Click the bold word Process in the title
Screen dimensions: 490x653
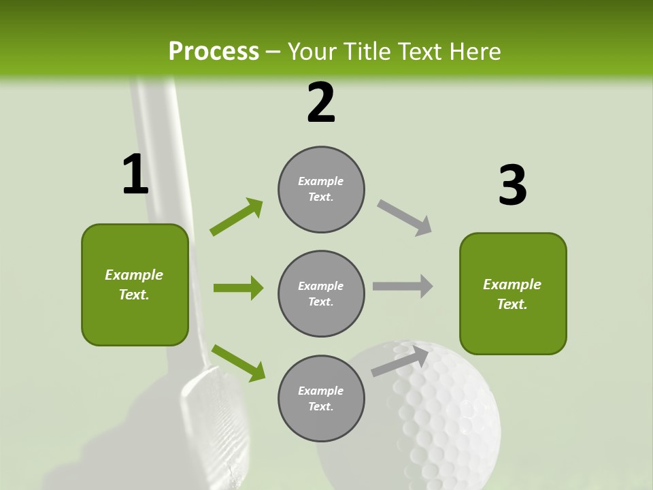(x=214, y=52)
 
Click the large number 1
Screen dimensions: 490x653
(x=135, y=175)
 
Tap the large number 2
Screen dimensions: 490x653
(x=321, y=103)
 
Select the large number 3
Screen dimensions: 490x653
(x=512, y=185)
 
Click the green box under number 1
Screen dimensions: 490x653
(x=135, y=284)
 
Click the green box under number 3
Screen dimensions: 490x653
(x=513, y=293)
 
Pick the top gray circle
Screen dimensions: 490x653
(x=321, y=189)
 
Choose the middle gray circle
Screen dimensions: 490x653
(x=321, y=293)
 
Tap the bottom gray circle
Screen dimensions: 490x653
(x=321, y=398)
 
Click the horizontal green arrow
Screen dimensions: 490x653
(x=238, y=288)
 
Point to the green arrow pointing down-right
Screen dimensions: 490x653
(x=238, y=363)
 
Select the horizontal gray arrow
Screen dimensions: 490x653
(x=403, y=286)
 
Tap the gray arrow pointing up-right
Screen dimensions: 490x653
(x=401, y=361)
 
